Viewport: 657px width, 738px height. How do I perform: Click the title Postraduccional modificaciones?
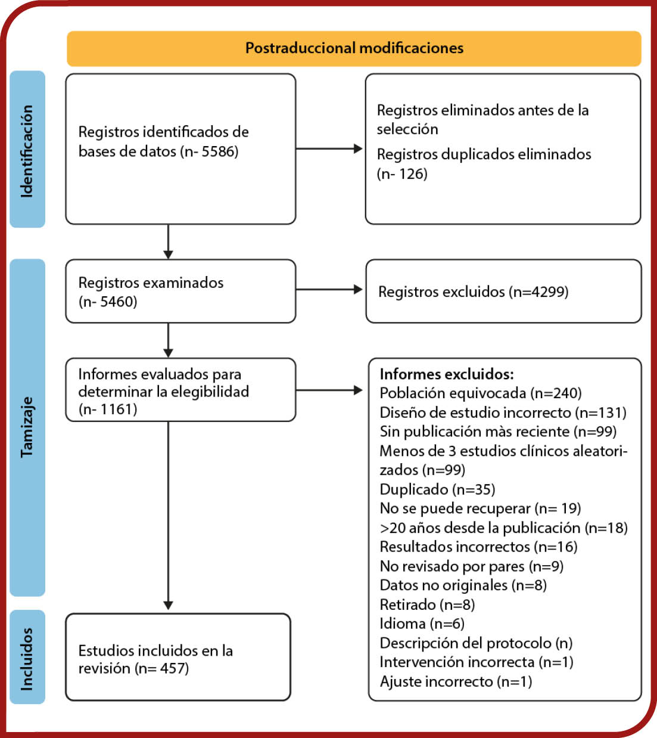pos(354,48)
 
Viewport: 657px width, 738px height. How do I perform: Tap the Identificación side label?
pos(27,151)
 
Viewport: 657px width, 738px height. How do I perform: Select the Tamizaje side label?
pos(27,427)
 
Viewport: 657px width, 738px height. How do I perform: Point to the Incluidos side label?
pos(27,659)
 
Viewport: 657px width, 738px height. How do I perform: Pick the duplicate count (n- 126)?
pos(402,174)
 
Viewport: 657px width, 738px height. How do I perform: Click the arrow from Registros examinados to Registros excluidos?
pos(329,290)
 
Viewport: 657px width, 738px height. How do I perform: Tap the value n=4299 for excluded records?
pos(538,292)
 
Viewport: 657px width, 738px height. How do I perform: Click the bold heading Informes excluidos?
pos(447,374)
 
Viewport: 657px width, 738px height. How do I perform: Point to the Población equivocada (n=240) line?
pos(481,393)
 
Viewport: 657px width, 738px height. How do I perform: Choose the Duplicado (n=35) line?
pos(437,489)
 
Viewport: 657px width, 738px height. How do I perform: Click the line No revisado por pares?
pos(471,566)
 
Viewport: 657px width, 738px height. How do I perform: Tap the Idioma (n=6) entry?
pos(422,624)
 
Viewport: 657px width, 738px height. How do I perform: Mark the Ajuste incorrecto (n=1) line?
pos(456,681)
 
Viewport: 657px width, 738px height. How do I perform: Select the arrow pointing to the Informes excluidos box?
pos(329,390)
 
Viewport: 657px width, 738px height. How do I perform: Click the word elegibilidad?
pos(210,392)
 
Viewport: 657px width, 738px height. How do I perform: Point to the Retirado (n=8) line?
pos(427,604)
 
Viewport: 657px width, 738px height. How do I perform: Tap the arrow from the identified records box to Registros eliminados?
pos(329,148)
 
